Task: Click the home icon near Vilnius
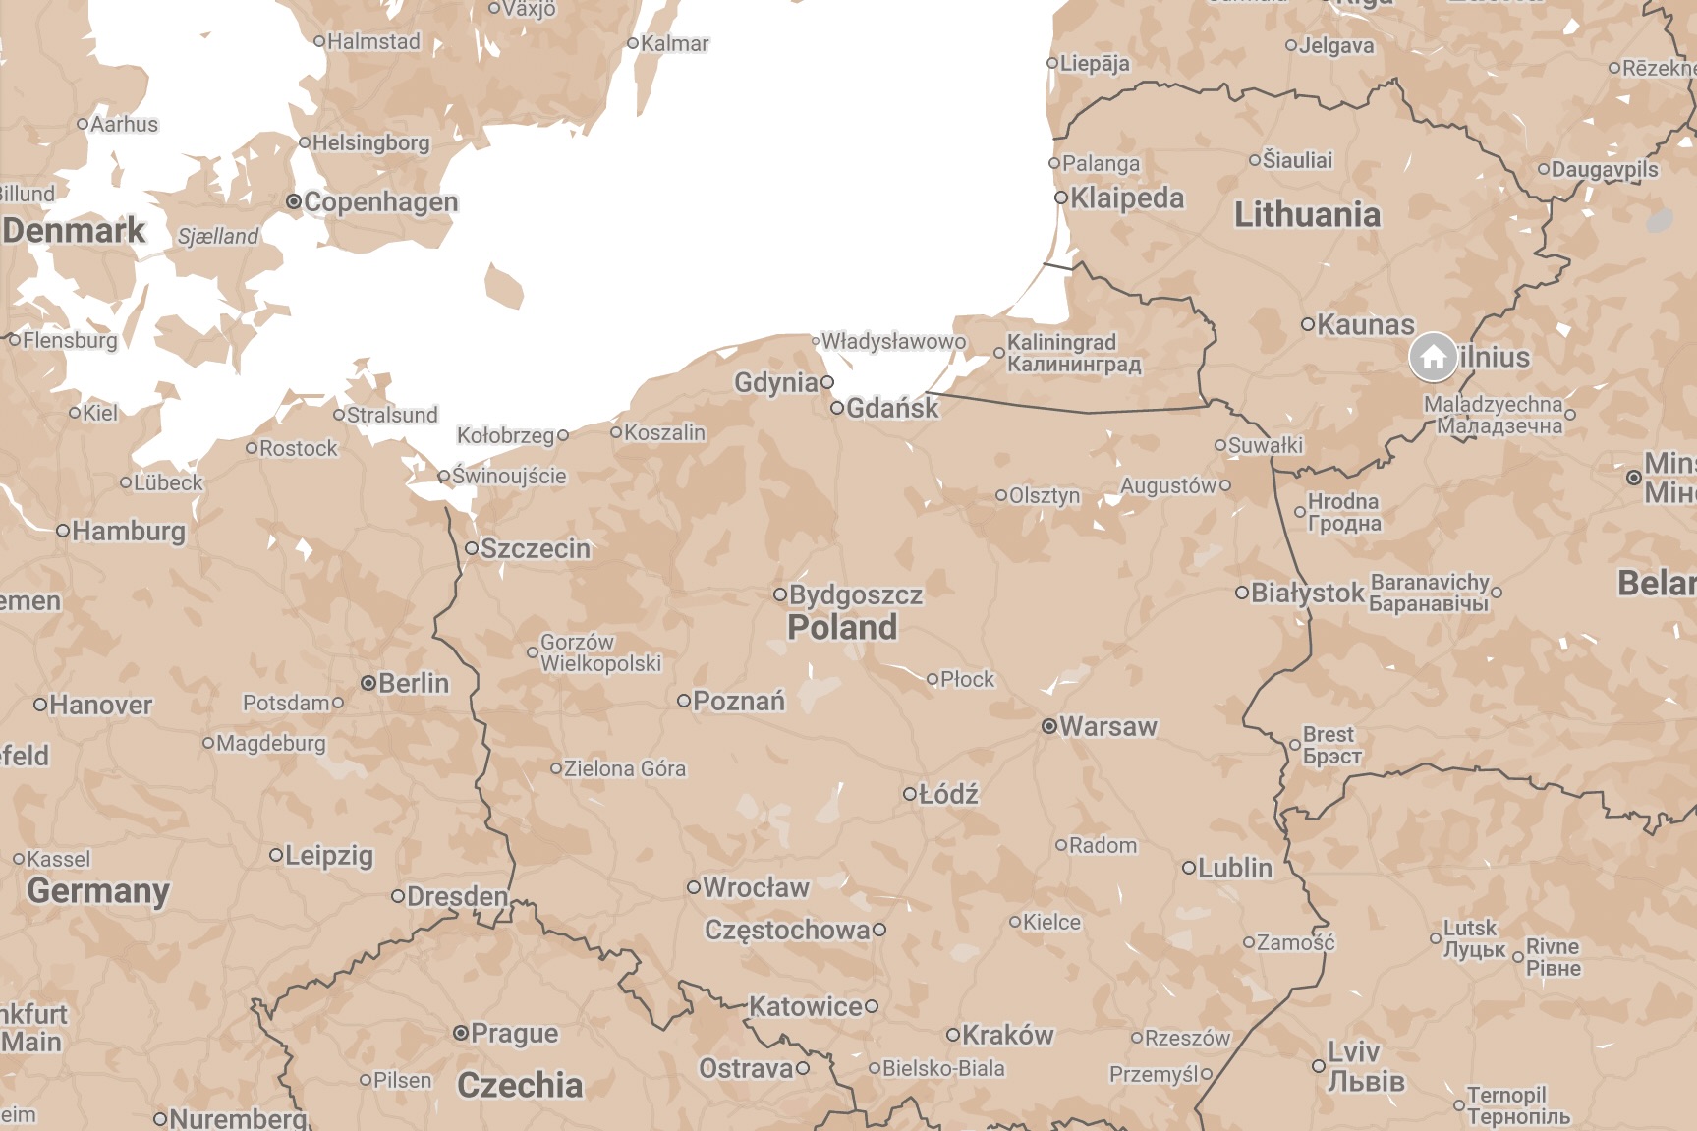pos(1433,357)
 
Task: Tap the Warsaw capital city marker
pos(1049,727)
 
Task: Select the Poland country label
pos(842,627)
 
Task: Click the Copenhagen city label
pos(380,202)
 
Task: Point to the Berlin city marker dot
pos(368,683)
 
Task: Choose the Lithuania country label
pos(1307,214)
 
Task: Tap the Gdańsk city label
pos(892,408)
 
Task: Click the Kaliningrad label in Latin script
pos(1061,342)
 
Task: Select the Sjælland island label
pos(218,237)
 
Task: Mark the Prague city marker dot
pos(460,1033)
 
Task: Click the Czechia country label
pos(520,1085)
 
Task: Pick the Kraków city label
pos(1007,1035)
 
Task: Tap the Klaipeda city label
pos(1127,198)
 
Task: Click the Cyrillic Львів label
pos(1366,1082)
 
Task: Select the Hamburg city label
pos(128,532)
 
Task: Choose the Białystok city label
pos(1307,594)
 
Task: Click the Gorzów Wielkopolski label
pos(599,652)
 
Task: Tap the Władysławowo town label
pos(893,341)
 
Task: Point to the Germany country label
pos(98,890)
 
